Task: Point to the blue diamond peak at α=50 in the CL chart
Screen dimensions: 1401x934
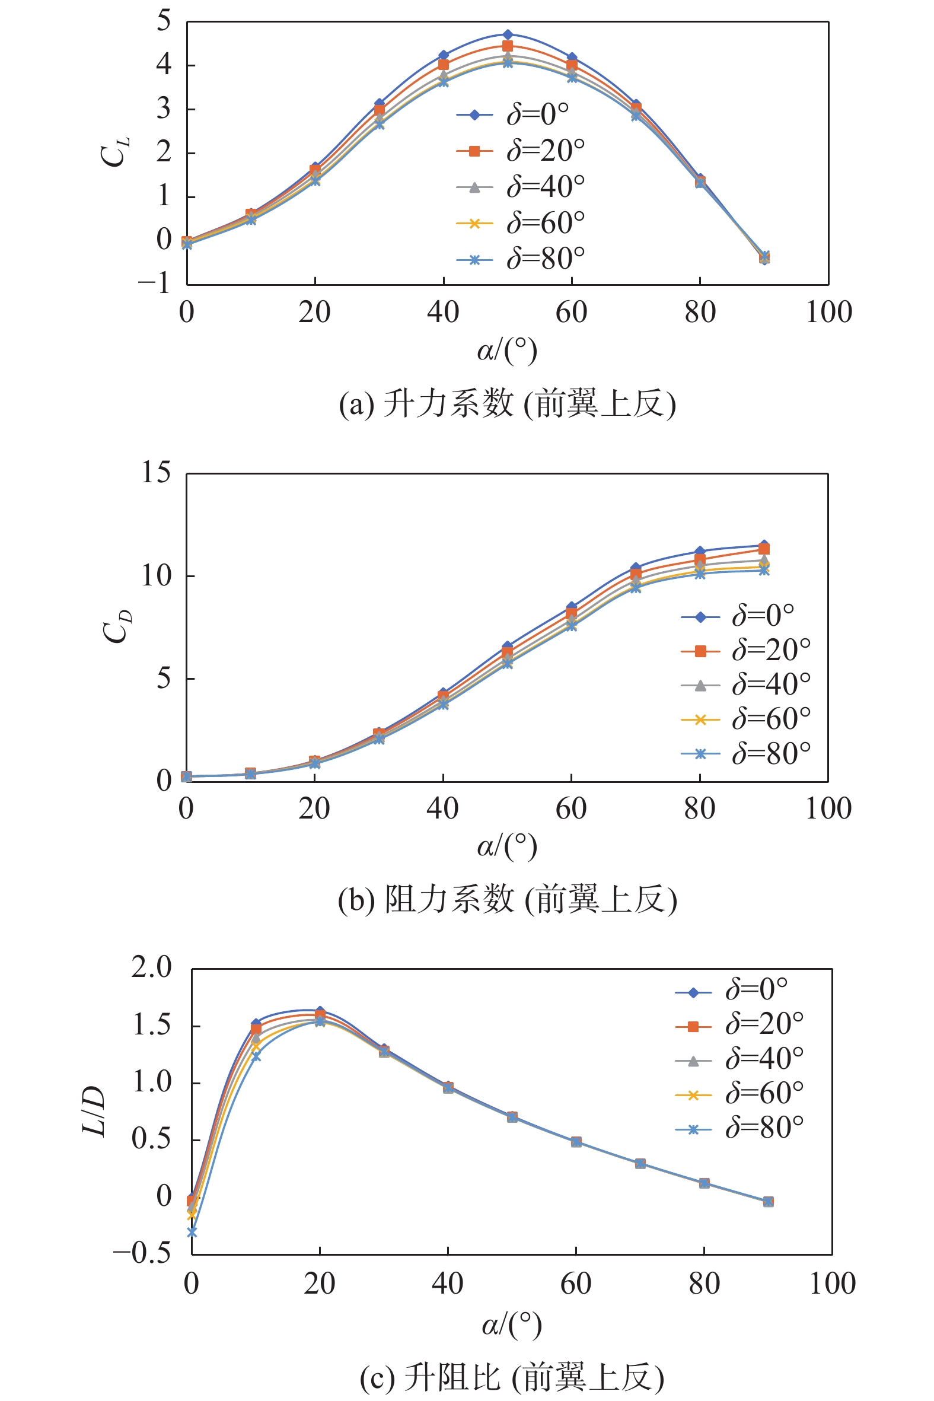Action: (508, 34)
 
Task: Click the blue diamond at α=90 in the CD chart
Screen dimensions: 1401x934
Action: (764, 545)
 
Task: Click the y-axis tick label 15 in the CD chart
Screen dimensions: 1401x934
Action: (156, 473)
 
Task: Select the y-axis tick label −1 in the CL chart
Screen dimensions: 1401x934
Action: (154, 284)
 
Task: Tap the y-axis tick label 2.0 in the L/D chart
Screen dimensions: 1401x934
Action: (151, 968)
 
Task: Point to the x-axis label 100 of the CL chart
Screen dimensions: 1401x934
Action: (828, 313)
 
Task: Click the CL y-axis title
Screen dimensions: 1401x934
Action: (114, 152)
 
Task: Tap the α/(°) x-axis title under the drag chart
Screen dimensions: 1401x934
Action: (507, 846)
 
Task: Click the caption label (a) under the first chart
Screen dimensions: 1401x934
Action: (356, 405)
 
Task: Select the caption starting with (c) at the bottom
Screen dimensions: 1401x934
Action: (512, 1377)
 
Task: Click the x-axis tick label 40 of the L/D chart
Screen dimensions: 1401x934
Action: (447, 1284)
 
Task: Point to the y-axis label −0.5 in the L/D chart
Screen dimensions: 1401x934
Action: (142, 1254)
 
